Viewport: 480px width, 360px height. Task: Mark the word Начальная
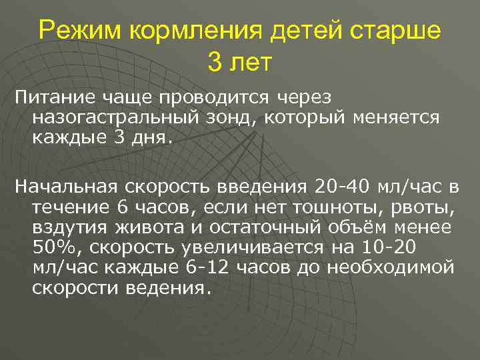[63, 185]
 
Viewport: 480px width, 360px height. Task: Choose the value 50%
[49, 249]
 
